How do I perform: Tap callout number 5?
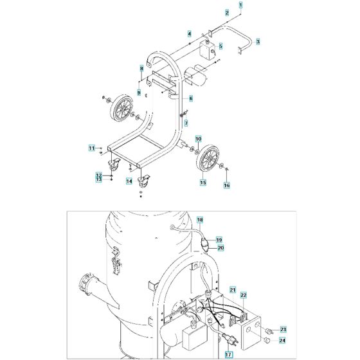pos(221,46)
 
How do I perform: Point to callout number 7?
pos(186,122)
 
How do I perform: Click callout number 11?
pos(92,148)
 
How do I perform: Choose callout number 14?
pos(129,182)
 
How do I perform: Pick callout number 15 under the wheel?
pos(203,183)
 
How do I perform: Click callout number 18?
pos(199,219)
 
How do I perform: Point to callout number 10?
pos(199,139)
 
